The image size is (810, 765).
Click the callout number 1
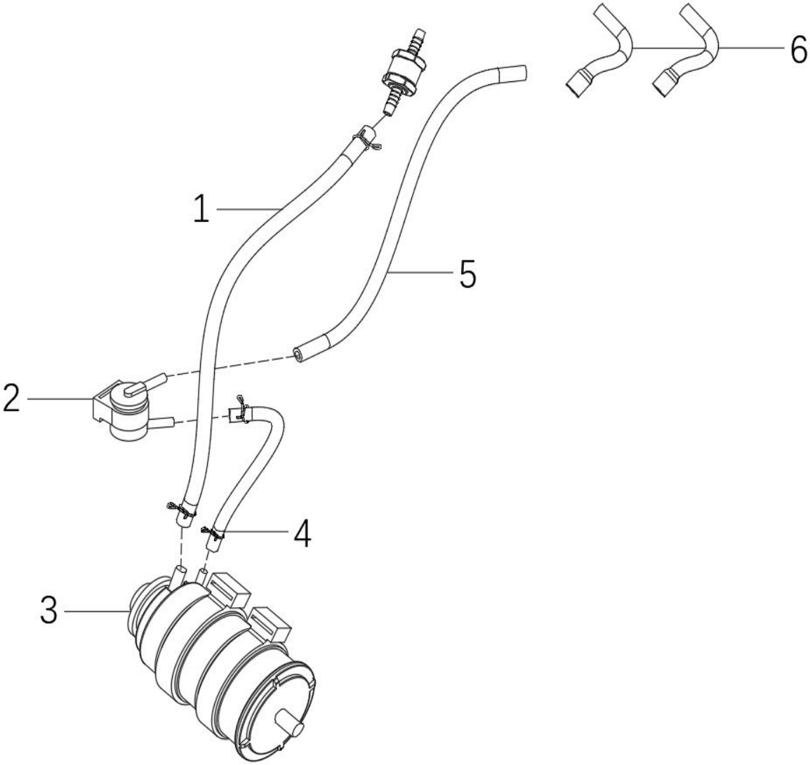[201, 209]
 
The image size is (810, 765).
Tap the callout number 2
[11, 398]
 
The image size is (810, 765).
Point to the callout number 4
[303, 533]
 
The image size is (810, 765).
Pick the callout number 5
[467, 274]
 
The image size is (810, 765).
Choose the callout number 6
[799, 50]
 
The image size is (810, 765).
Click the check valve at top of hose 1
[404, 72]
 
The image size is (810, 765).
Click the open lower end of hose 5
[299, 355]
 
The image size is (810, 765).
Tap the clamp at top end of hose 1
[367, 140]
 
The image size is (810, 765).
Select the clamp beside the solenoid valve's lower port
[241, 411]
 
